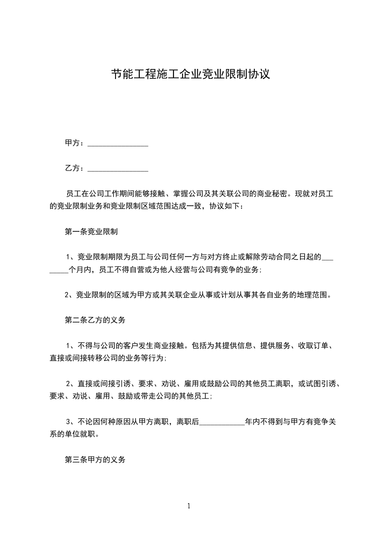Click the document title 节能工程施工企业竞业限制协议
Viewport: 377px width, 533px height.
[190, 75]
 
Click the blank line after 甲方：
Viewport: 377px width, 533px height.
[118, 143]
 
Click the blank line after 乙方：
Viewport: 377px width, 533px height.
[118, 168]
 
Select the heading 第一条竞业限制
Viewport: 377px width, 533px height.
[91, 232]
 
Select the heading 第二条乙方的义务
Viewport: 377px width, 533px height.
[95, 321]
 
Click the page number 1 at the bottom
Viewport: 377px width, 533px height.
[189, 506]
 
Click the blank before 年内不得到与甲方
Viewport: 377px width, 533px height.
[222, 421]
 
